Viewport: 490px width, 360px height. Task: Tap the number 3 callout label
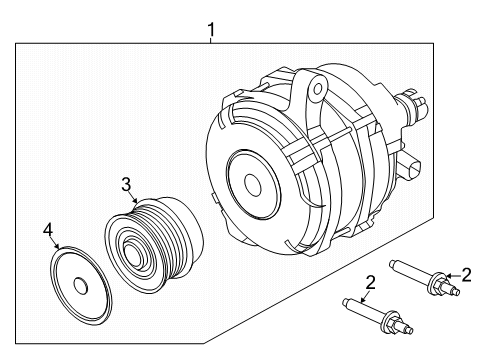coord(127,183)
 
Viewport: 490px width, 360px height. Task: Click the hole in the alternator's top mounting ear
coord(317,91)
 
